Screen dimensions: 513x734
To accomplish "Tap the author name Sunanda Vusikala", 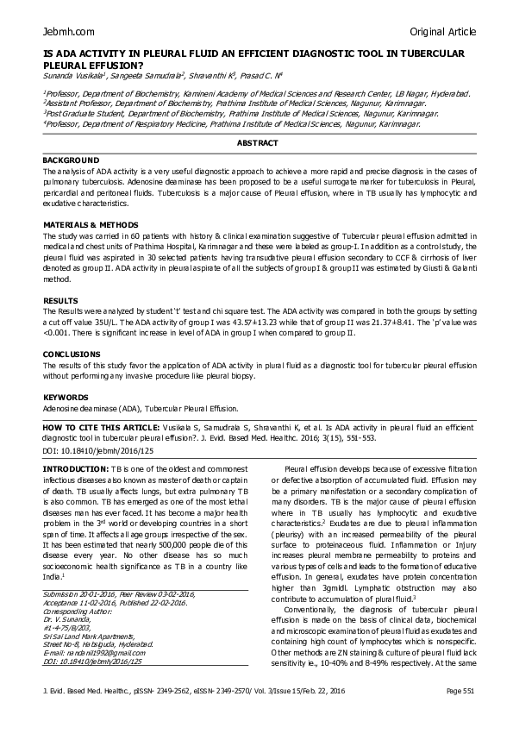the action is click(x=75, y=77).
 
